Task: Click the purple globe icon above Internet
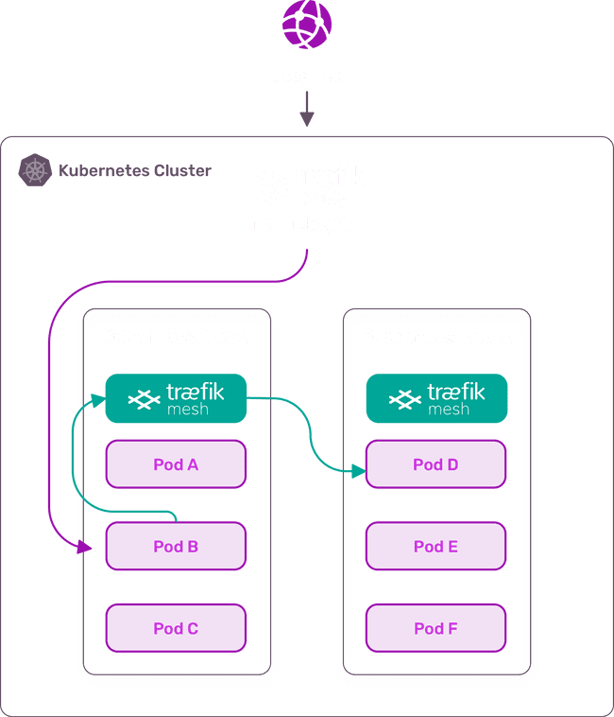(x=306, y=26)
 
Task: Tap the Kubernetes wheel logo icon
(x=35, y=171)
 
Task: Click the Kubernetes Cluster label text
(x=135, y=172)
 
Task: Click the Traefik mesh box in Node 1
(x=176, y=397)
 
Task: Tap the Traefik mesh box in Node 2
(x=436, y=397)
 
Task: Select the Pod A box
(x=176, y=464)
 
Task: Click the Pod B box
(x=176, y=546)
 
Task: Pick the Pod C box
(x=176, y=628)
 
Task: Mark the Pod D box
(x=436, y=464)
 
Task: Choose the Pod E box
(x=436, y=546)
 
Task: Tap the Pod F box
(x=436, y=628)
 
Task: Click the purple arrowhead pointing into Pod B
(x=88, y=547)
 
